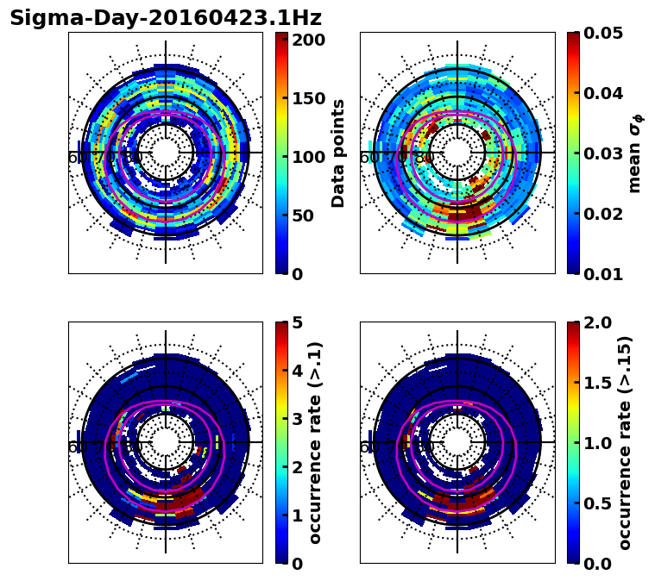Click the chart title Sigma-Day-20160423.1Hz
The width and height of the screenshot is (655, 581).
pos(165,18)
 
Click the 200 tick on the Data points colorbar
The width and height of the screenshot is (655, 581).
pos(309,40)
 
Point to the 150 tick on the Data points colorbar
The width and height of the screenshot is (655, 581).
pos(309,98)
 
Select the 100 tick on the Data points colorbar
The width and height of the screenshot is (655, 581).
pos(309,157)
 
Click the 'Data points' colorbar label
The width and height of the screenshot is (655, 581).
pos(338,153)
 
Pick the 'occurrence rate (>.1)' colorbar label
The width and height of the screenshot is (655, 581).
pos(315,442)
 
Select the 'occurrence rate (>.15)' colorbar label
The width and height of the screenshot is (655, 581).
pos(625,442)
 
